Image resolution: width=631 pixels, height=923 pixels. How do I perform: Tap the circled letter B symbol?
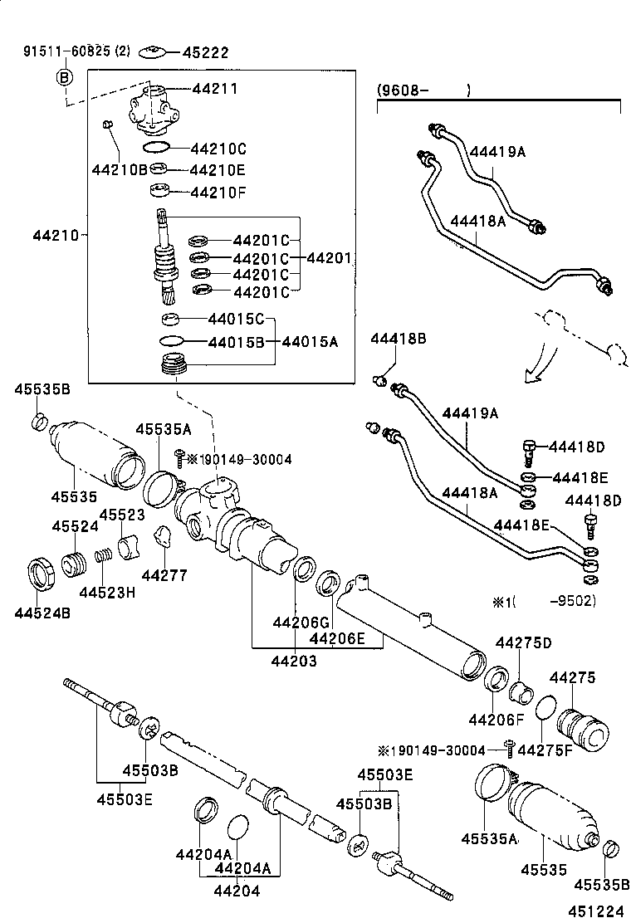65,77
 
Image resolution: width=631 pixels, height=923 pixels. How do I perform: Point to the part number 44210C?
218,149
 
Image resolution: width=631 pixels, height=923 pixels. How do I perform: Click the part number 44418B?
399,339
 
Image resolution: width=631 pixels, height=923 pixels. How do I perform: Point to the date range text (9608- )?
423,90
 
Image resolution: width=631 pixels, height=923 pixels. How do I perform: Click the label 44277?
164,574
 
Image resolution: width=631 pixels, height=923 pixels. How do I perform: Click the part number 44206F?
496,719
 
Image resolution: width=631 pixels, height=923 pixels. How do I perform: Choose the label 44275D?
524,642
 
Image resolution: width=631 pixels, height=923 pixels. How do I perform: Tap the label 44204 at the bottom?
237,891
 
